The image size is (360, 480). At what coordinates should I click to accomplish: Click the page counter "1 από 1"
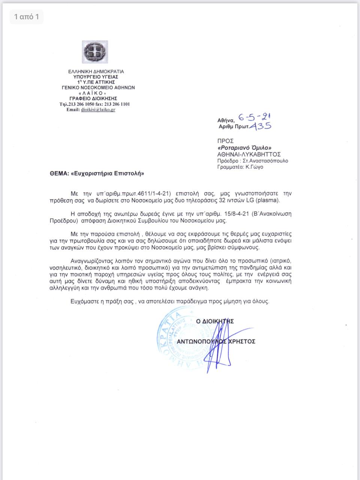[x=26, y=17]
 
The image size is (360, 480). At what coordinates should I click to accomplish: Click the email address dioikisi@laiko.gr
[x=98, y=110]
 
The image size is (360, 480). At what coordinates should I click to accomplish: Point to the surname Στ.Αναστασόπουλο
[x=265, y=160]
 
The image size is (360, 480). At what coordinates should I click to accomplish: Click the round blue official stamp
[x=186, y=336]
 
